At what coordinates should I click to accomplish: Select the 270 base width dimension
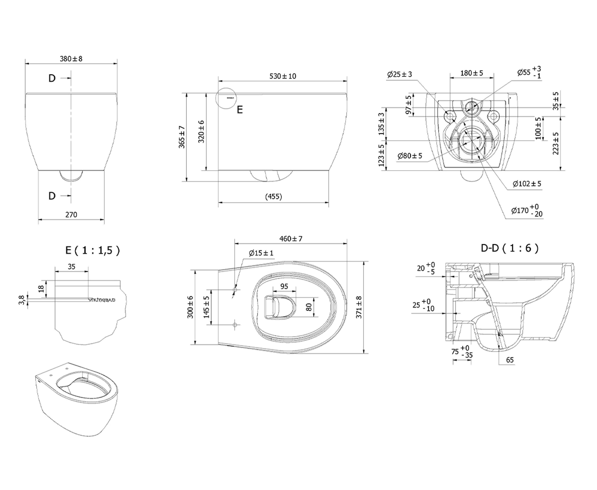point(71,215)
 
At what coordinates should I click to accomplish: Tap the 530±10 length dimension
point(283,76)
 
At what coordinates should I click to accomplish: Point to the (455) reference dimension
point(273,197)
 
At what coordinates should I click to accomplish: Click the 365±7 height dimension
point(182,137)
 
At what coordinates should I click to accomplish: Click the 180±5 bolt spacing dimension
point(472,73)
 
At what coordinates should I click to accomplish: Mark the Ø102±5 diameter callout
point(527,184)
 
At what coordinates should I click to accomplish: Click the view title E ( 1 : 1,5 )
point(93,250)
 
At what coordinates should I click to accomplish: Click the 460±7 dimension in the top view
point(291,239)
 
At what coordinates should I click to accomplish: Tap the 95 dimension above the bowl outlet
point(284,286)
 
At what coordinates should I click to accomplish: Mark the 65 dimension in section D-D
point(510,360)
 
